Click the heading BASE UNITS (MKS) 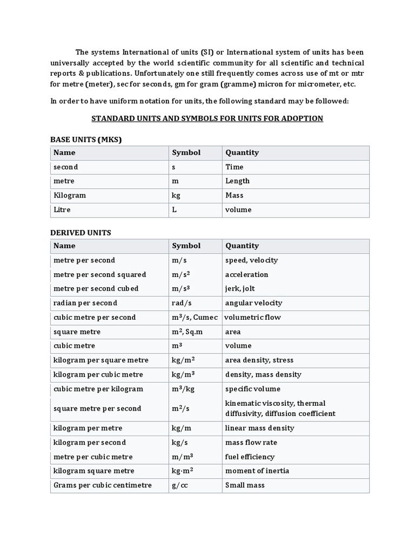(x=86, y=140)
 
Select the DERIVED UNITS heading (x=81, y=233)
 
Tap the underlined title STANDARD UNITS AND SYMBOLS (x=207, y=118)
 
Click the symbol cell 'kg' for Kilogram (x=177, y=195)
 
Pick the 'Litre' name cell (x=62, y=209)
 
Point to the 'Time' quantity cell (x=235, y=167)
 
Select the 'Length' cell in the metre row (x=237, y=181)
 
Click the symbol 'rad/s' (x=181, y=303)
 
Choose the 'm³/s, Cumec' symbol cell (x=195, y=317)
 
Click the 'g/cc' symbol (x=180, y=485)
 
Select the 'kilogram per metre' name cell (x=84, y=428)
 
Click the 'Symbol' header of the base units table (x=186, y=153)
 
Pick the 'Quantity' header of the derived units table (x=242, y=246)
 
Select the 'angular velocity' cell (x=253, y=303)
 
